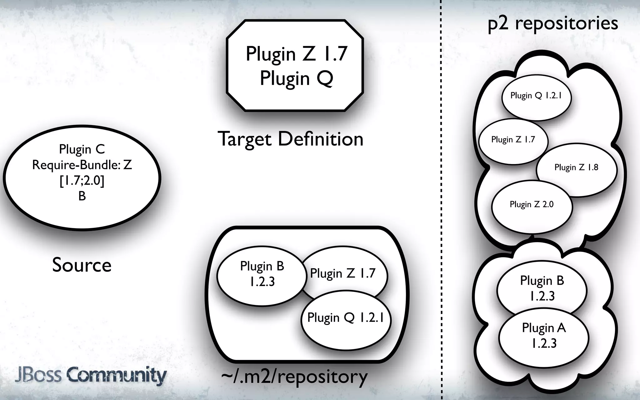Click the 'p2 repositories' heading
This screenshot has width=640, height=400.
point(553,23)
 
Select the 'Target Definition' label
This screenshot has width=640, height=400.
point(290,139)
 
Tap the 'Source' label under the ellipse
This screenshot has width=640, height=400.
point(82,265)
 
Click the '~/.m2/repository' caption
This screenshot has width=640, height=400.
point(294,377)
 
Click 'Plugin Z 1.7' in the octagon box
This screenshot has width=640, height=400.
point(296,54)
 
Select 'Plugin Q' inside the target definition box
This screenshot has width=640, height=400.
point(296,78)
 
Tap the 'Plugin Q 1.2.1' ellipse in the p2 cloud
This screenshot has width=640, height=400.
point(536,96)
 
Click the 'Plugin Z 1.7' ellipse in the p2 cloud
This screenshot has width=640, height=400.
point(513,140)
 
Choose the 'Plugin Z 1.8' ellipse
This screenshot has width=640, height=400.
point(576,167)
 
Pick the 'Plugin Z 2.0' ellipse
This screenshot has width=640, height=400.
point(532,205)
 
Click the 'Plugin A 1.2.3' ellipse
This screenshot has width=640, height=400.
point(544,336)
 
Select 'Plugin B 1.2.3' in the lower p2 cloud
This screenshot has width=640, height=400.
point(542,288)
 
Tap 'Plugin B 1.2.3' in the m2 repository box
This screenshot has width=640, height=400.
point(262,274)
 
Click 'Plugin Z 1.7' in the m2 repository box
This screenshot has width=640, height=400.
point(342,273)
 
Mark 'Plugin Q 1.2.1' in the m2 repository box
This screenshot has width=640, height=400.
point(345,318)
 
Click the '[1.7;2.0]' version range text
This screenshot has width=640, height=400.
point(82,181)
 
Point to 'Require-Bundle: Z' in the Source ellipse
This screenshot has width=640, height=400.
point(82,165)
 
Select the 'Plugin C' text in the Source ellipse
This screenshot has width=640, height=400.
point(82,149)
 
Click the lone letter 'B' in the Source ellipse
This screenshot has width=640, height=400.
point(82,196)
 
